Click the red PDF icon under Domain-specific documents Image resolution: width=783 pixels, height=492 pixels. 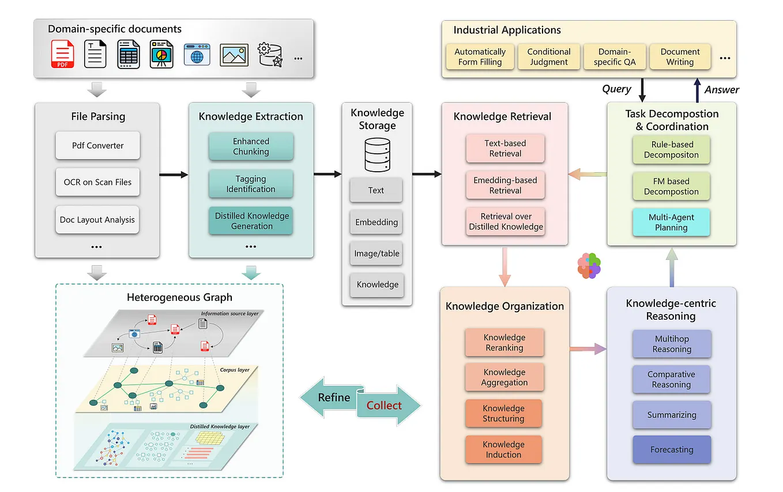tap(63, 54)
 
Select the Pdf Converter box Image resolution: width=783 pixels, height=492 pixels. tap(97, 145)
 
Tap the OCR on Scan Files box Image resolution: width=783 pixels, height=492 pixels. tap(97, 182)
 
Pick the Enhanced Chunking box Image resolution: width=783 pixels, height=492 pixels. tap(251, 146)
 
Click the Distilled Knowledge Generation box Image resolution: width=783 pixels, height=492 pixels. tap(251, 221)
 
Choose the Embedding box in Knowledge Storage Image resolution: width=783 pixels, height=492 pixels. tap(376, 222)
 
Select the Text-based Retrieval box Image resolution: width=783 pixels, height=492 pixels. tap(505, 148)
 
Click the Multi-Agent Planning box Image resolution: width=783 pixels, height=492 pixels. tap(671, 222)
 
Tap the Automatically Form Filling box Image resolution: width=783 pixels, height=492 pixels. tap(480, 56)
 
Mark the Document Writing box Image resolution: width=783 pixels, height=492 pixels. tap(680, 56)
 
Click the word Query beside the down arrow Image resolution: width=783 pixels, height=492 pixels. tap(616, 89)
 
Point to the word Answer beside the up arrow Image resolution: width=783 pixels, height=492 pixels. tap(721, 89)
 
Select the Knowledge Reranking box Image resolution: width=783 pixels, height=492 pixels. tap(504, 342)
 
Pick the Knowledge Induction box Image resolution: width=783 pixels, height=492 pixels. tap(503, 449)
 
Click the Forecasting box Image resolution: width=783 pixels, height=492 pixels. tap(671, 449)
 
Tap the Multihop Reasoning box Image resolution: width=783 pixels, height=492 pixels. tap(671, 344)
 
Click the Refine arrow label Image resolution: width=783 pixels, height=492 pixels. tap(333, 398)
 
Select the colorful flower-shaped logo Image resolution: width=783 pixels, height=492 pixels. tap(589, 266)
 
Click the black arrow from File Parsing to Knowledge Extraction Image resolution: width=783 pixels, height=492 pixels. tap(174, 175)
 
